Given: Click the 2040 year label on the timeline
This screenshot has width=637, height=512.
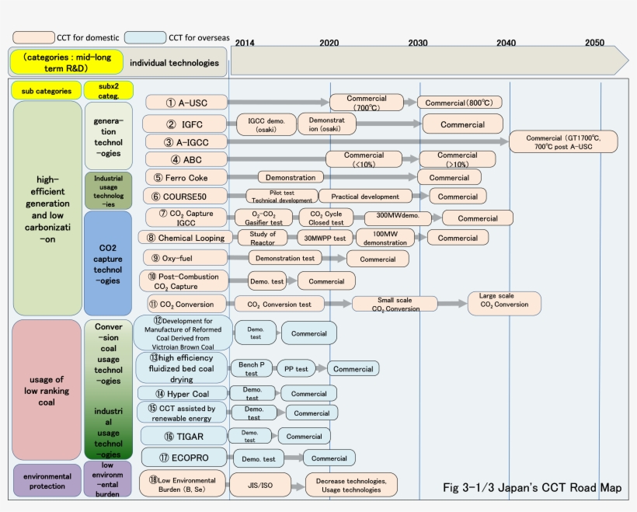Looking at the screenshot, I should [506, 42].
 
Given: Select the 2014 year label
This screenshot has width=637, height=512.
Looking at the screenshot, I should [244, 42].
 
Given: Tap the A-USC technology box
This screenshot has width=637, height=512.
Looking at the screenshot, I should [186, 103].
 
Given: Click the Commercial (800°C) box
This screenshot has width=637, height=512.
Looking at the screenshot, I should [459, 103].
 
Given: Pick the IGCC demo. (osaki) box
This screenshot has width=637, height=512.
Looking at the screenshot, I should [266, 124].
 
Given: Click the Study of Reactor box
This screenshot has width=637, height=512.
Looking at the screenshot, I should [263, 238].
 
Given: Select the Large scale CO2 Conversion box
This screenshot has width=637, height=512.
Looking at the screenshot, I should [504, 304].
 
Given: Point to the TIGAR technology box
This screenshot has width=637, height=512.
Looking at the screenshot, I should [184, 436].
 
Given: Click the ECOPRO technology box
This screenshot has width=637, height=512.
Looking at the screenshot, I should [185, 458].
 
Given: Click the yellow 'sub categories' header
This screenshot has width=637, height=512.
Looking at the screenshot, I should [47, 91].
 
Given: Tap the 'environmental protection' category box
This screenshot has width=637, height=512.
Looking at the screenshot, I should [47, 480].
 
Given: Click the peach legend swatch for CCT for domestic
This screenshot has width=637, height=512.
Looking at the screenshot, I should [33, 37].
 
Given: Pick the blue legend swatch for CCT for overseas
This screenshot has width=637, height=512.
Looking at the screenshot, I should [145, 37].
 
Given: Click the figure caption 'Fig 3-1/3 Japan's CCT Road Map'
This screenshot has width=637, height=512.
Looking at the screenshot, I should [531, 488].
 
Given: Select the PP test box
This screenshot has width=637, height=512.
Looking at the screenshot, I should [296, 368].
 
